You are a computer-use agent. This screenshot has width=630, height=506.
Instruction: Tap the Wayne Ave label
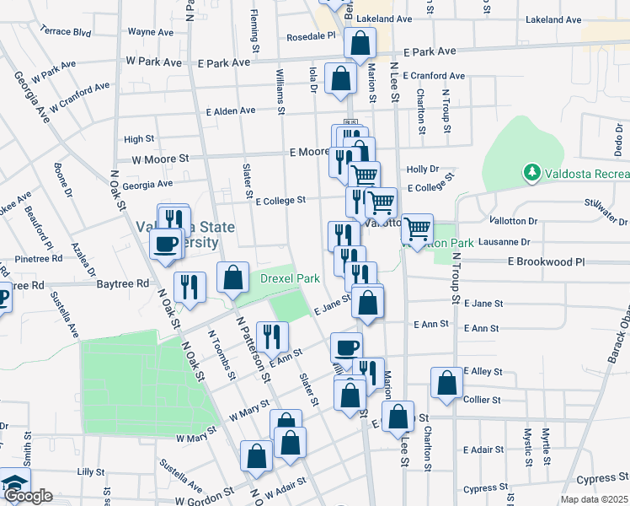pyautogui.click(x=151, y=32)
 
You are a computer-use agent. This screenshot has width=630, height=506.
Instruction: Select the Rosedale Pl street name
pyautogui.click(x=311, y=36)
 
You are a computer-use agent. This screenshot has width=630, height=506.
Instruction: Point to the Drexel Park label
pyautogui.click(x=290, y=277)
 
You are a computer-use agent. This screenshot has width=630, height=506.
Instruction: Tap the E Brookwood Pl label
pyautogui.click(x=546, y=262)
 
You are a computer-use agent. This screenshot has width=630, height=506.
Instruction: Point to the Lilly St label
pyautogui.click(x=89, y=472)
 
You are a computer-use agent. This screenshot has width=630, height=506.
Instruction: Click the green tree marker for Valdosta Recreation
pyautogui.click(x=531, y=174)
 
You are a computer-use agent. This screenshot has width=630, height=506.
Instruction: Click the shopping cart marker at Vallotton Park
pyautogui.click(x=417, y=228)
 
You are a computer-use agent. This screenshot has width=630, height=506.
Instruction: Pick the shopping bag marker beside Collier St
pyautogui.click(x=446, y=382)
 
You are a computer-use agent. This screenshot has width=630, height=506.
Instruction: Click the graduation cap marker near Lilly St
pyautogui.click(x=13, y=482)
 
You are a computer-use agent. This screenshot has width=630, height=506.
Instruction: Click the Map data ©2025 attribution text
pyautogui.click(x=594, y=499)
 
